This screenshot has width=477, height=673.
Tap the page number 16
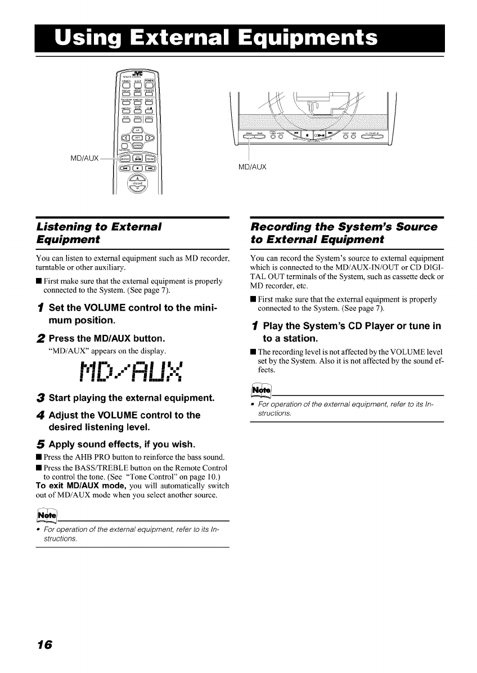(44, 644)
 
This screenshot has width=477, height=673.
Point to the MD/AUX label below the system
(252, 167)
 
